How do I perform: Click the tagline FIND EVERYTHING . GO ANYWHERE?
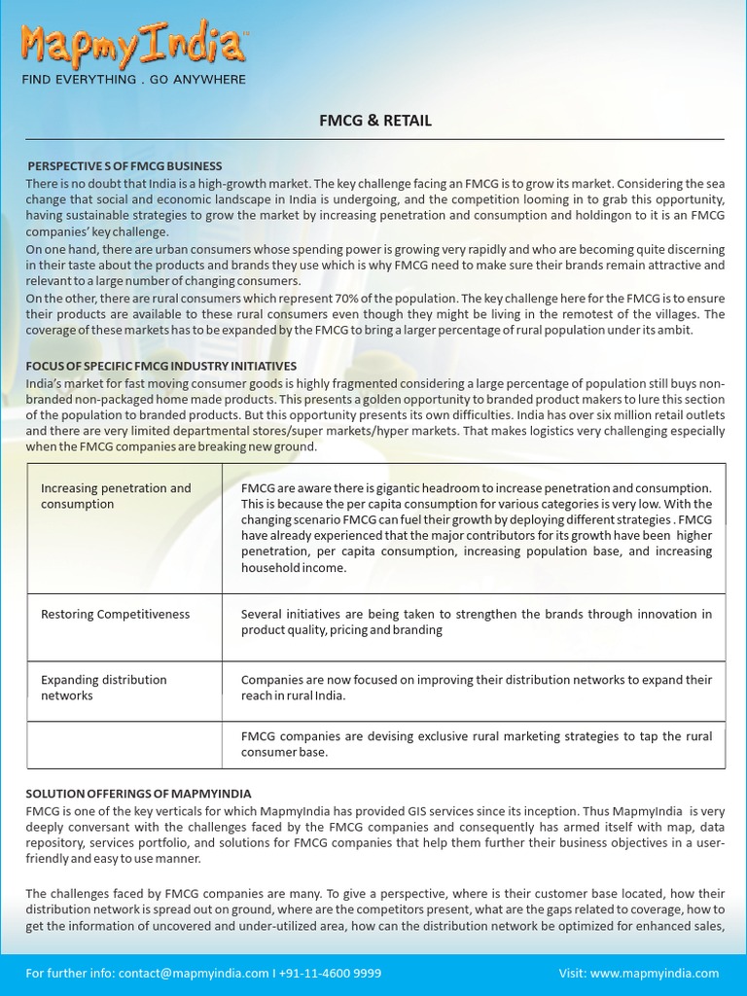(x=134, y=80)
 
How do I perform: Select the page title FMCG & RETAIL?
(x=375, y=121)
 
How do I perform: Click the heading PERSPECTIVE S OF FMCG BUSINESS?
(x=124, y=166)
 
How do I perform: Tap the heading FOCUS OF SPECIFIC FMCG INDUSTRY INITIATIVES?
(x=160, y=366)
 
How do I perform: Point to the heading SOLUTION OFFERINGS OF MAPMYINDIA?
(x=138, y=794)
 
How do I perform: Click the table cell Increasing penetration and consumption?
(x=116, y=496)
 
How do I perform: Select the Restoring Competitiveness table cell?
(x=115, y=615)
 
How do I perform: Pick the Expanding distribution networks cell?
(x=103, y=688)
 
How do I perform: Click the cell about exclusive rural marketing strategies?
(x=476, y=744)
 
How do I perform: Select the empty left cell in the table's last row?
(x=124, y=744)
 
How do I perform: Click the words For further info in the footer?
(x=67, y=973)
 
